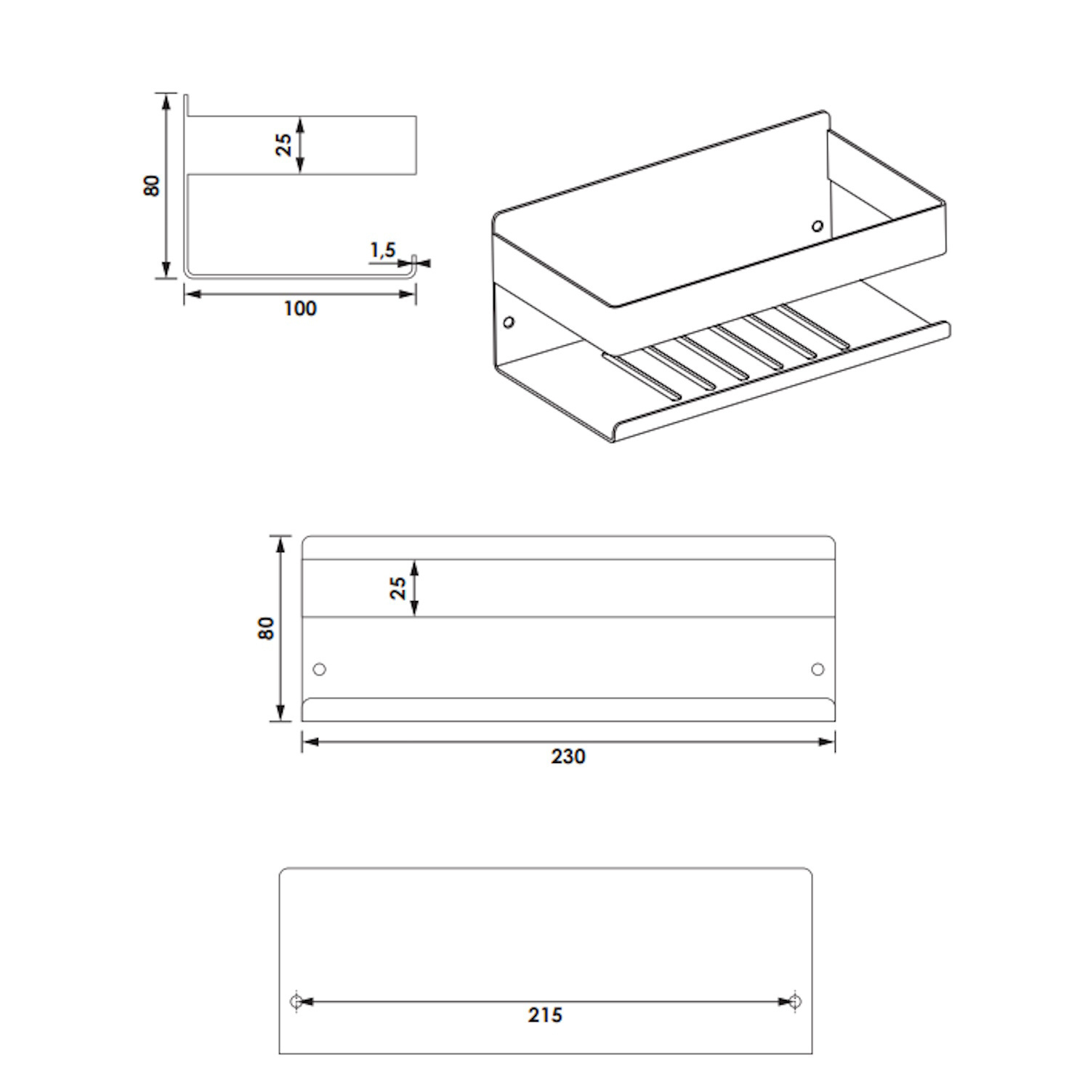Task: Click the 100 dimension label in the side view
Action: (x=300, y=308)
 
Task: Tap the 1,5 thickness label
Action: (x=383, y=251)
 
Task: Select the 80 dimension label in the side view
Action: (x=152, y=185)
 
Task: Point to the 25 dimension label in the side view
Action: (x=283, y=145)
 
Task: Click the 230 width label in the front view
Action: (x=568, y=756)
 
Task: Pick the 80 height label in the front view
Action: (x=267, y=629)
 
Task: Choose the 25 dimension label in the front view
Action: (x=398, y=588)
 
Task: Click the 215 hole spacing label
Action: (x=546, y=1015)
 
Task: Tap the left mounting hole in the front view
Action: (x=319, y=669)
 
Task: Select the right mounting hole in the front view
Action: (x=817, y=669)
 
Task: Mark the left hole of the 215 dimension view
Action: (x=296, y=1001)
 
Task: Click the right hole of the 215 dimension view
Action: (x=795, y=1001)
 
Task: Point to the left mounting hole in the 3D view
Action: (x=509, y=321)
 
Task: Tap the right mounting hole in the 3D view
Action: (x=817, y=226)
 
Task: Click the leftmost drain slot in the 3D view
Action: (x=642, y=376)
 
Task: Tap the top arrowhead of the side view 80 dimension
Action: (x=167, y=102)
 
